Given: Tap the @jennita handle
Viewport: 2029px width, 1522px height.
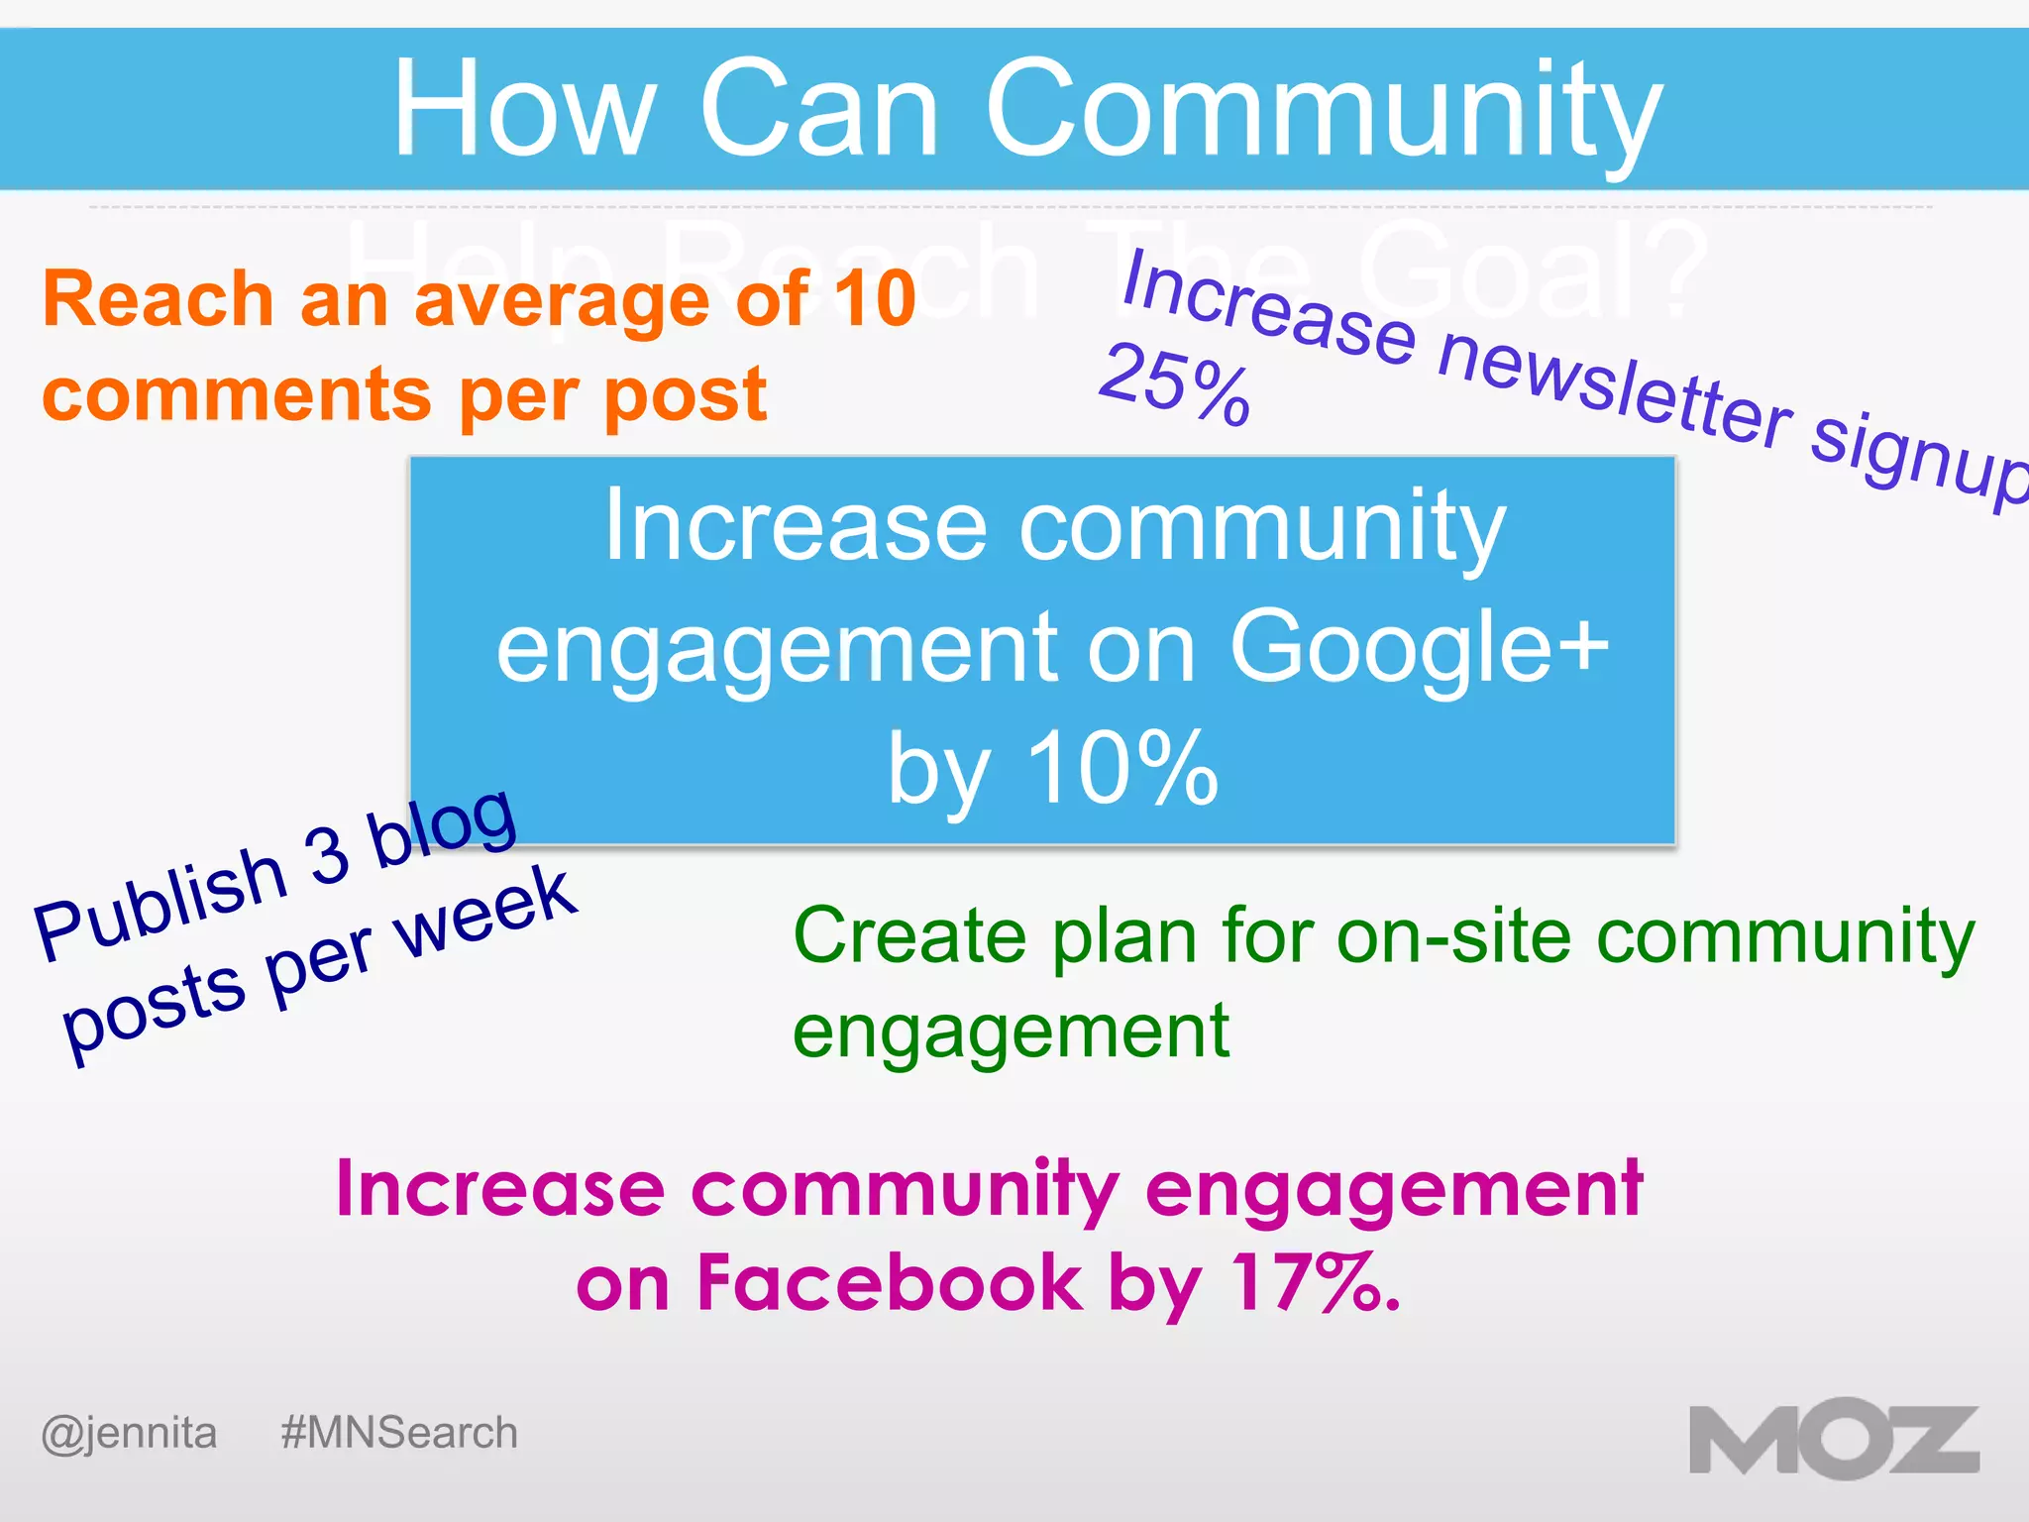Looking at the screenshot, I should (129, 1433).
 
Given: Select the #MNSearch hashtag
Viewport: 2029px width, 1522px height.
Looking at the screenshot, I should (398, 1433).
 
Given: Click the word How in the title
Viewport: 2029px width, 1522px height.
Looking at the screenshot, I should (524, 108).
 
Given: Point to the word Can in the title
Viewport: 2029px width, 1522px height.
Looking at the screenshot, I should (818, 108).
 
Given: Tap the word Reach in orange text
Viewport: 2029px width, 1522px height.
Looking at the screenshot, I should (159, 298).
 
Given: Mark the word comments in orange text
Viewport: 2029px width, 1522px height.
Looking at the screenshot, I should (238, 394).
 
